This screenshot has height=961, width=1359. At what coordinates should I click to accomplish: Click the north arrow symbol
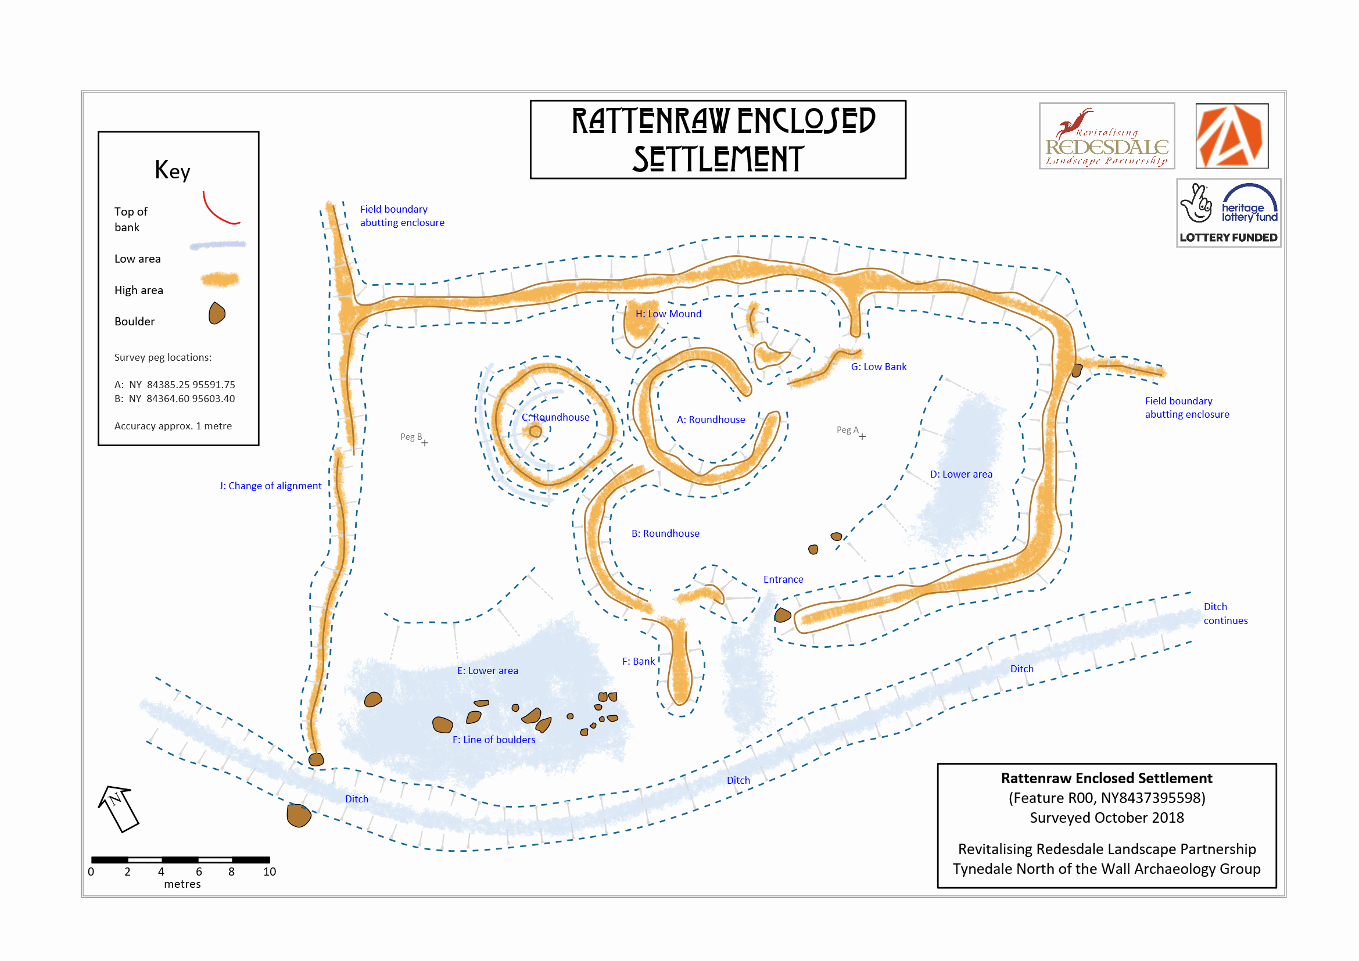coord(119,809)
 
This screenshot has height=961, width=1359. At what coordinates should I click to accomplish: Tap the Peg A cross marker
coord(862,437)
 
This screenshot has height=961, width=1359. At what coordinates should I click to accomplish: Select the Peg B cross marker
coord(425,443)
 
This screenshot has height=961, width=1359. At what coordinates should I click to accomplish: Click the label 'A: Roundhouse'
coord(711,419)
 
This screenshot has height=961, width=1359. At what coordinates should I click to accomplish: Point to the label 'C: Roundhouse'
coord(555,417)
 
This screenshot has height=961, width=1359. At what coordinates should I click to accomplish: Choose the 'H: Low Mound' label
coord(668,314)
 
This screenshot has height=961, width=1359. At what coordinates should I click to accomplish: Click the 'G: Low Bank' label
coord(878,367)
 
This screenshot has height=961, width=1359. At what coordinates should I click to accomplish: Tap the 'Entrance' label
coord(783,579)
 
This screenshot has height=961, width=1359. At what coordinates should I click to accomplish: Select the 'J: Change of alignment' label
coord(271,486)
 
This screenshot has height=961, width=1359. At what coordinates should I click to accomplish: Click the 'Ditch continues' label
coord(1225,614)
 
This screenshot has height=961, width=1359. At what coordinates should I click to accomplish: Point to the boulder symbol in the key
coord(217,313)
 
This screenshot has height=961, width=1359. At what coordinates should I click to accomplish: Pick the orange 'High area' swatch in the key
coord(220,279)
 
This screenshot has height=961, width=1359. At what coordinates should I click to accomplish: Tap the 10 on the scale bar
coord(270,872)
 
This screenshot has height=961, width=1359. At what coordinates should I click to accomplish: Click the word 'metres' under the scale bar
coord(182,884)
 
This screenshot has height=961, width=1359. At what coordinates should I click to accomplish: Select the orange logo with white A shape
coord(1231,136)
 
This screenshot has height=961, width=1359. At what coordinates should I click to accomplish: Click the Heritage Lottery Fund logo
coord(1228,213)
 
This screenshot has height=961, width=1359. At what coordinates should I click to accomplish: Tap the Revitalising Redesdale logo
coord(1107,136)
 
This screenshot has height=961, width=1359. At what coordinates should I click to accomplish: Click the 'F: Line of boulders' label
coord(494,740)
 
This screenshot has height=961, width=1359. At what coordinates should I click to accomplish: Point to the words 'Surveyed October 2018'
coord(1106,818)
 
